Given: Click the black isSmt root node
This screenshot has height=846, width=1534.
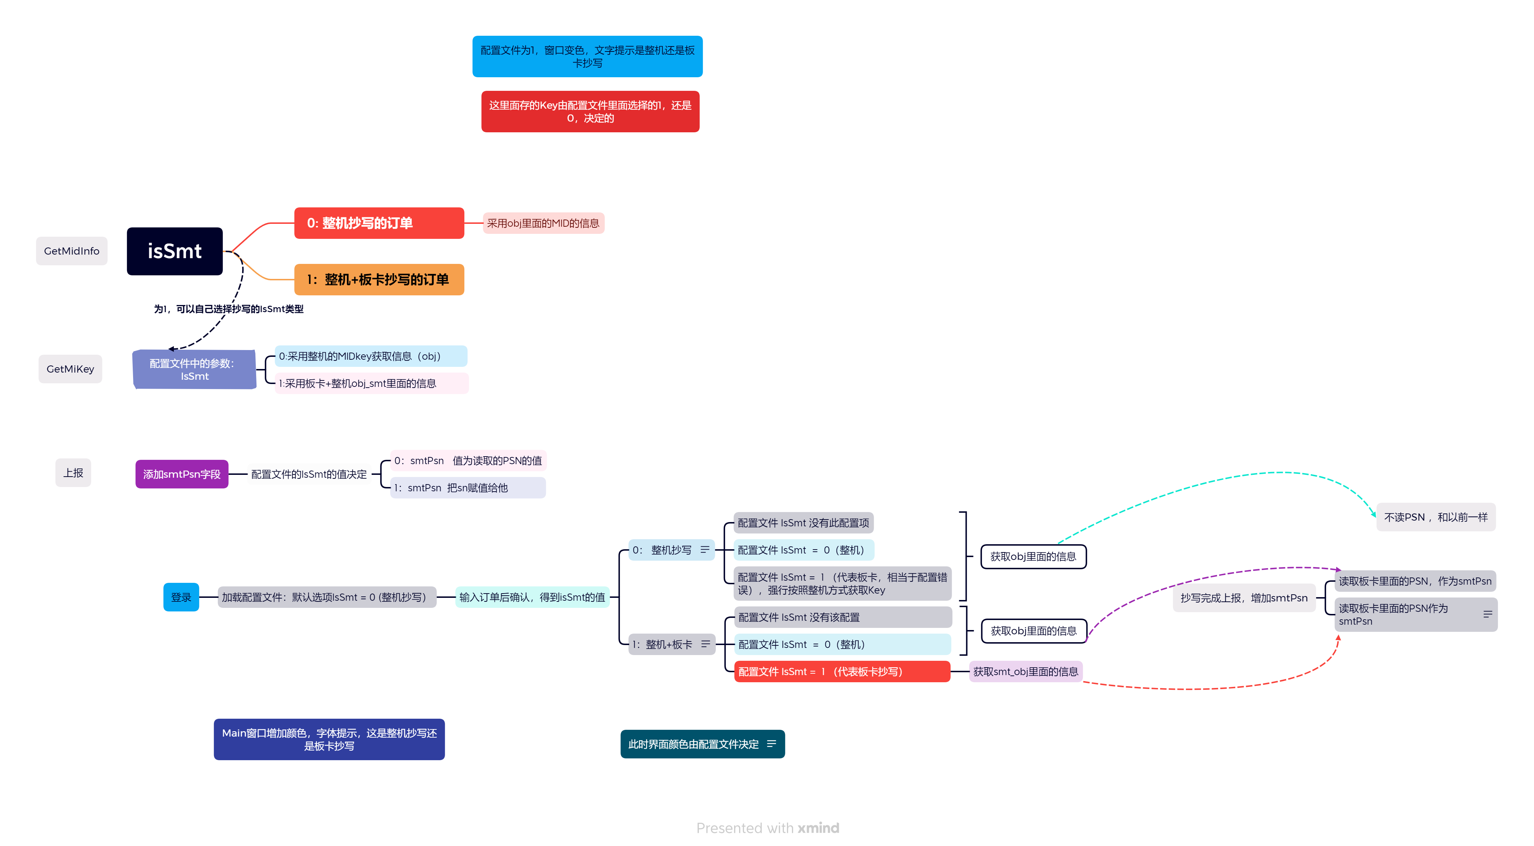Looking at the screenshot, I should coord(175,251).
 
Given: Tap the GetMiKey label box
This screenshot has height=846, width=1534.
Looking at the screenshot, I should coord(70,369).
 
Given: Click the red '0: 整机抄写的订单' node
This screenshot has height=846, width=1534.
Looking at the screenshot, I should coord(379,223).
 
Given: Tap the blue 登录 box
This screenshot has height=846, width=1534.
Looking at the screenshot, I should coord(181,597).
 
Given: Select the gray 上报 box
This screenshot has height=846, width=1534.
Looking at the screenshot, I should coord(73,473).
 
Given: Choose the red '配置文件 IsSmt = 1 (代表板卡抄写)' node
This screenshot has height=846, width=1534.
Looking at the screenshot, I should coord(841,672).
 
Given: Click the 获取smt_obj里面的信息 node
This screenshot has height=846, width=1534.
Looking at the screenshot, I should coord(1025,672).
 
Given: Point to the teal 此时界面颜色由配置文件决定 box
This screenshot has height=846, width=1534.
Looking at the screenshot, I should coord(694,744).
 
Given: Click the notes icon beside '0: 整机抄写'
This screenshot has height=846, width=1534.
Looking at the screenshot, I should coord(705,550).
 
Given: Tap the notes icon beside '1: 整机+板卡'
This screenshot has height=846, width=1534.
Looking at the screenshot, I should coord(706,644).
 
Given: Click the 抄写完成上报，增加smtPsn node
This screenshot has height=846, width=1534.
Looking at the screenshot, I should coord(1244,598).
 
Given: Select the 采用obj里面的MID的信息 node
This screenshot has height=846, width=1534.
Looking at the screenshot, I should coord(543,223).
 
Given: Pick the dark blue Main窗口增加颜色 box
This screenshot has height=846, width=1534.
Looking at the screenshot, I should coord(329,739).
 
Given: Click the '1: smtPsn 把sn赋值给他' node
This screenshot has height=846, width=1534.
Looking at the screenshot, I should coord(468,488).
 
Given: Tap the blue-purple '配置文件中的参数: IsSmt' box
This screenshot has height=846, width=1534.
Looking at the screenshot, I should coord(195,370).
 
